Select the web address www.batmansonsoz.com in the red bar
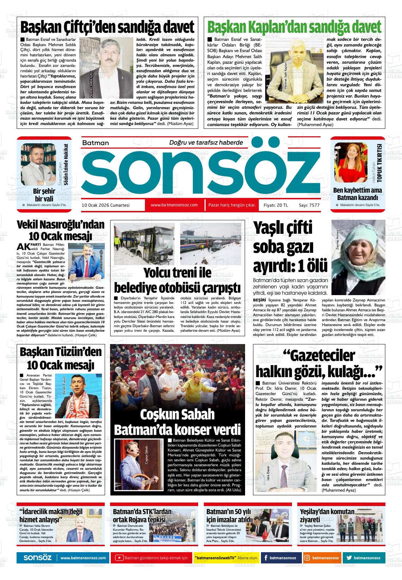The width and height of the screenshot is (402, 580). coord(174,205)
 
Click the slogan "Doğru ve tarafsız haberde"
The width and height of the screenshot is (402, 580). coord(206,143)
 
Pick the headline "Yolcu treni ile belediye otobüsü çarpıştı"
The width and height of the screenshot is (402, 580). coord(177,280)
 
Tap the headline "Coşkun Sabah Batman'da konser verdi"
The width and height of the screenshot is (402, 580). coord(177,422)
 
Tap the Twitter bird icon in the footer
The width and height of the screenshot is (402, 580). coord(349,558)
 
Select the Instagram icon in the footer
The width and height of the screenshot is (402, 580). coord(307,558)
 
